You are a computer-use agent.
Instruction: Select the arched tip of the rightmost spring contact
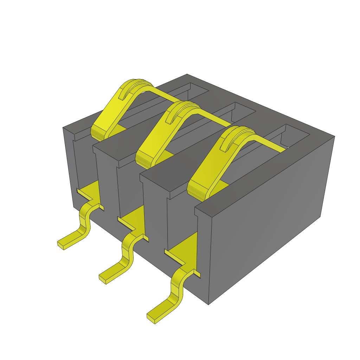(239, 131)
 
